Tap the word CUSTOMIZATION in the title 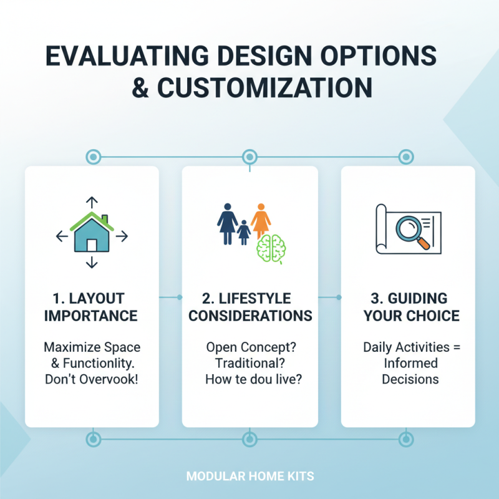point(264,88)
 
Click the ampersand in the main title point(140,88)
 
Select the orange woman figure point(261,221)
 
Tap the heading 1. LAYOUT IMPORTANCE point(91,306)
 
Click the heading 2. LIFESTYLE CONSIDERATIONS point(250,306)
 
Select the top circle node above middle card point(249,156)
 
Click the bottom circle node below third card point(406,439)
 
